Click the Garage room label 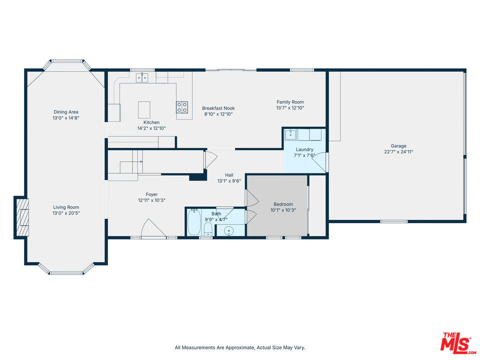click(398, 146)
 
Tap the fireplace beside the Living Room click(21, 217)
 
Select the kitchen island click(144, 110)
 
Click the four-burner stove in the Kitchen click(182, 107)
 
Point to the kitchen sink click(142, 78)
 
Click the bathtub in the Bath click(194, 222)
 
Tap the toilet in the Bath click(208, 229)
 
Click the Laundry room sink click(290, 134)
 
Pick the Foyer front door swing click(153, 228)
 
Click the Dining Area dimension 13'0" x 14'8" click(66, 118)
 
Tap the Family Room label click(290, 102)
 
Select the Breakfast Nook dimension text click(218, 114)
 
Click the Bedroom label click(283, 204)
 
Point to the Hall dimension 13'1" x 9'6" click(229, 181)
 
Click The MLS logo click(457, 343)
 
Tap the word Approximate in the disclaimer click(239, 348)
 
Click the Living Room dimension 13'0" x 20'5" click(66, 213)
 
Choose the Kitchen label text click(151, 122)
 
